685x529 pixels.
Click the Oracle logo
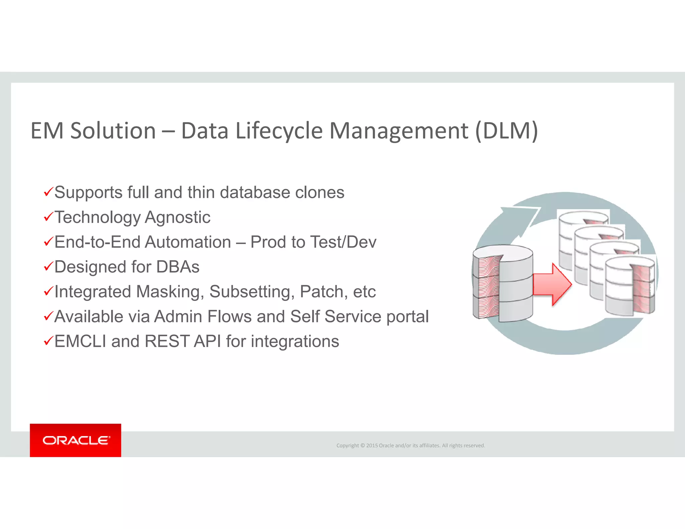pyautogui.click(x=76, y=440)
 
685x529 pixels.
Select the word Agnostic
pyautogui.click(x=178, y=217)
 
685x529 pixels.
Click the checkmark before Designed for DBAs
pyautogui.click(x=48, y=267)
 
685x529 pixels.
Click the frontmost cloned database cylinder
pyautogui.click(x=629, y=286)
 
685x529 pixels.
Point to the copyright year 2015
pyautogui.click(x=372, y=445)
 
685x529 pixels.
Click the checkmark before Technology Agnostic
pyautogui.click(x=48, y=217)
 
